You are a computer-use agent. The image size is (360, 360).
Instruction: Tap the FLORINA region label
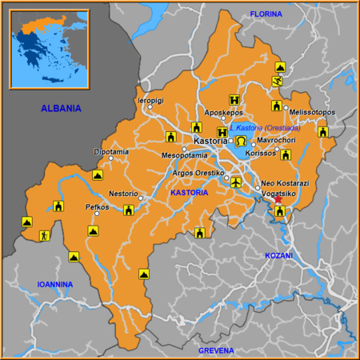[266, 15]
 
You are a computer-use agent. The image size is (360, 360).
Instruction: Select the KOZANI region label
[279, 256]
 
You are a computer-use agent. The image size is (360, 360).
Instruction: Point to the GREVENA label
[216, 350]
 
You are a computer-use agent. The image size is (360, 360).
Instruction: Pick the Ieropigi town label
[150, 102]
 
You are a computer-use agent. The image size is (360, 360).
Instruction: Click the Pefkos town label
[97, 206]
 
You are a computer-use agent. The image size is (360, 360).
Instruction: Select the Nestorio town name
[124, 193]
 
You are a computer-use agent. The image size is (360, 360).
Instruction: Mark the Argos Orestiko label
[198, 173]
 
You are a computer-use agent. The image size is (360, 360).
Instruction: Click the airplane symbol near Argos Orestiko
[235, 183]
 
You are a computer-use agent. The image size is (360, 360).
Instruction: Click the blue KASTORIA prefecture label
[190, 193]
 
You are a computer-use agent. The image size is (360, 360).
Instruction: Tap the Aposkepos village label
[223, 113]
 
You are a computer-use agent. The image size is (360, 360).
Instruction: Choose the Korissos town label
[260, 153]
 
